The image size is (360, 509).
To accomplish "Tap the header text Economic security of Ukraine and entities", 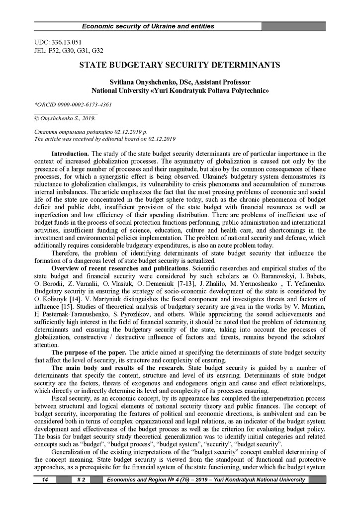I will (x=148, y=26).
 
